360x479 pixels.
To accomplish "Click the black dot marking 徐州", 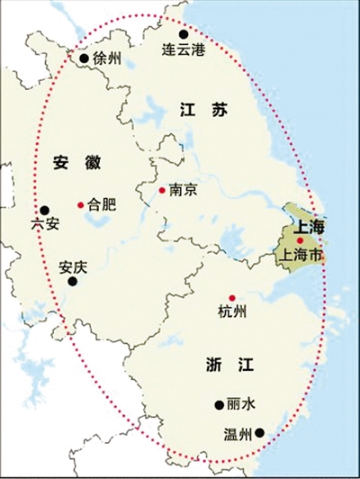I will click(85, 59).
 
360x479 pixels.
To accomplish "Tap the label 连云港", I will click(183, 50).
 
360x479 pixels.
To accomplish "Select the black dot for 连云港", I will click(184, 33).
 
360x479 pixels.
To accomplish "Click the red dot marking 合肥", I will click(81, 205).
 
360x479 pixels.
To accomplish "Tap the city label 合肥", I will click(102, 205).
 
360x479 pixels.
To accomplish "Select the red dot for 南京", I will click(161, 190).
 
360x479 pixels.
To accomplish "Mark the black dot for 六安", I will click(44, 209).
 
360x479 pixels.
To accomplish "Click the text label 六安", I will click(44, 225).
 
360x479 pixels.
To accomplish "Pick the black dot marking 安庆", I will click(73, 281).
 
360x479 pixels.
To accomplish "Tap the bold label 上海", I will click(305, 224).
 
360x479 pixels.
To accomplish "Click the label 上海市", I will click(301, 255).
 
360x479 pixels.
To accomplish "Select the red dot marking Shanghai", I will click(300, 240).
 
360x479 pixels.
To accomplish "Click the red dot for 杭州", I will click(231, 298).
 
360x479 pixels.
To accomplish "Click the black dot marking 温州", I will click(259, 432).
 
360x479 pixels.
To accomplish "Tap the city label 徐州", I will click(106, 59).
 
